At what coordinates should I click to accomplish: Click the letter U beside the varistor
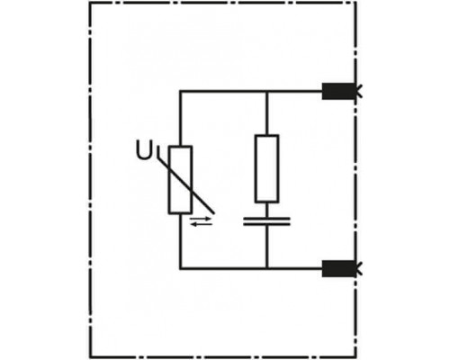pyautogui.click(x=143, y=149)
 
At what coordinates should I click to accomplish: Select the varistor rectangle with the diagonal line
pyautogui.click(x=180, y=180)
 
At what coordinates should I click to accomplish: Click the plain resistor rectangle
pyautogui.click(x=266, y=168)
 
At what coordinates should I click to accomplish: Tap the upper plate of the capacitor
pyautogui.click(x=266, y=219)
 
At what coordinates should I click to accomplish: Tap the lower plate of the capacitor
pyautogui.click(x=266, y=224)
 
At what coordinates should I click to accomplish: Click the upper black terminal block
pyautogui.click(x=338, y=91)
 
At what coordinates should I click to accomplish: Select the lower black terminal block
pyautogui.click(x=338, y=268)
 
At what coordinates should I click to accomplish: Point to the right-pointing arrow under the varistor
pyautogui.click(x=201, y=220)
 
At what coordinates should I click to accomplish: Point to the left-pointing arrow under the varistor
pyautogui.click(x=201, y=224)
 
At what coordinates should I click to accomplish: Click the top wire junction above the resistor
pyautogui.click(x=266, y=91)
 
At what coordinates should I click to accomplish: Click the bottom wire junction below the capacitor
pyautogui.click(x=266, y=268)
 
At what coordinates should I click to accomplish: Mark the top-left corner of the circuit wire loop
pyautogui.click(x=180, y=91)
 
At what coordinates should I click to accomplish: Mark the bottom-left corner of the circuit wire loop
pyautogui.click(x=180, y=268)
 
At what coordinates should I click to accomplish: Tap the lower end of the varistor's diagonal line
pyautogui.click(x=214, y=213)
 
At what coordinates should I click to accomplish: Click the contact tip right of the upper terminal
pyautogui.click(x=359, y=91)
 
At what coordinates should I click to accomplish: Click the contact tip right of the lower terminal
pyautogui.click(x=359, y=268)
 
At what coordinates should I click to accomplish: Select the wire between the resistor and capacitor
pyautogui.click(x=266, y=210)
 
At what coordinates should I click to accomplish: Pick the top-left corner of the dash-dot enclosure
pyautogui.click(x=90, y=3)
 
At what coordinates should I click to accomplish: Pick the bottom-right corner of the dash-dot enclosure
pyautogui.click(x=356, y=357)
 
